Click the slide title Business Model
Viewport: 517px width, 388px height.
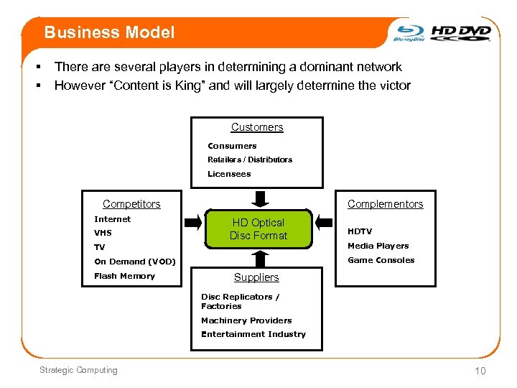click(x=109, y=32)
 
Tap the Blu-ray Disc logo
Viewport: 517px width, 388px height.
click(x=409, y=33)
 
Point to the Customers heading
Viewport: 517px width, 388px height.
click(x=257, y=127)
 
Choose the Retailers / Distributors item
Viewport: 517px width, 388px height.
click(x=250, y=160)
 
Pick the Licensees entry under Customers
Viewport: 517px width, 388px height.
click(x=229, y=174)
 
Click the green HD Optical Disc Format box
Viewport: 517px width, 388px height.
click(x=258, y=229)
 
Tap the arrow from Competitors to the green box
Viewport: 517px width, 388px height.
click(x=193, y=222)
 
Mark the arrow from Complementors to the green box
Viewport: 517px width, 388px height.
click(x=327, y=222)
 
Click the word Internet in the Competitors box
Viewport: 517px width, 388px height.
click(x=113, y=219)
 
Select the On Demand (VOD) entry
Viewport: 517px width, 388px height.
click(x=135, y=262)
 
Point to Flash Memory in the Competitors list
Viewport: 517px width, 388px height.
click(x=124, y=276)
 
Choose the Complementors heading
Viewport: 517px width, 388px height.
click(x=386, y=204)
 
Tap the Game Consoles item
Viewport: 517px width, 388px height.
click(x=381, y=260)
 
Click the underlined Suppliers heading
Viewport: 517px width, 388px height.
click(x=256, y=277)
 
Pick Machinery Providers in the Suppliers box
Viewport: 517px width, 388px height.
click(x=246, y=320)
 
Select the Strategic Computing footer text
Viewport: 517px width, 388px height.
click(x=78, y=370)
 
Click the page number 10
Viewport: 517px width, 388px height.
click(x=480, y=371)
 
